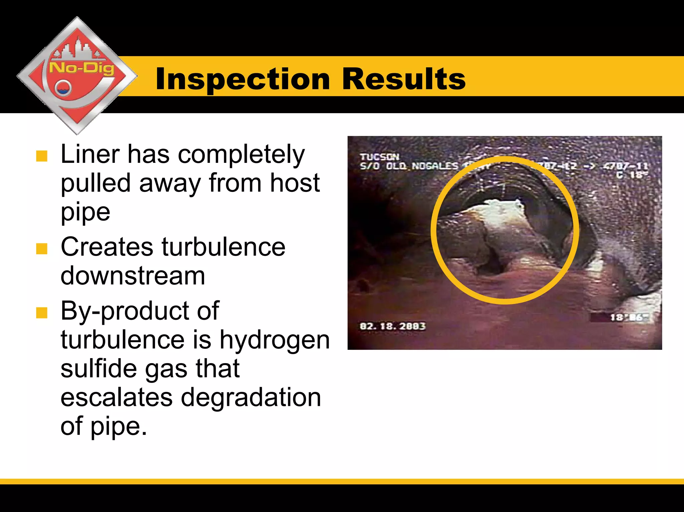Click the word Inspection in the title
(x=243, y=79)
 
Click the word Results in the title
(x=404, y=79)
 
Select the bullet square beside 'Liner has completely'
(x=42, y=156)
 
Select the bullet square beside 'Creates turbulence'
(x=42, y=248)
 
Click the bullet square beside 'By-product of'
(x=42, y=313)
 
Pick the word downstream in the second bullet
(x=133, y=276)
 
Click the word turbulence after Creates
(x=223, y=247)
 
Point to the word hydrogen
(x=275, y=340)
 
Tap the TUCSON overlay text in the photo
(x=379, y=157)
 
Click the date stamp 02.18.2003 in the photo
(x=392, y=326)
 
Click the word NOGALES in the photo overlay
(x=435, y=166)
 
